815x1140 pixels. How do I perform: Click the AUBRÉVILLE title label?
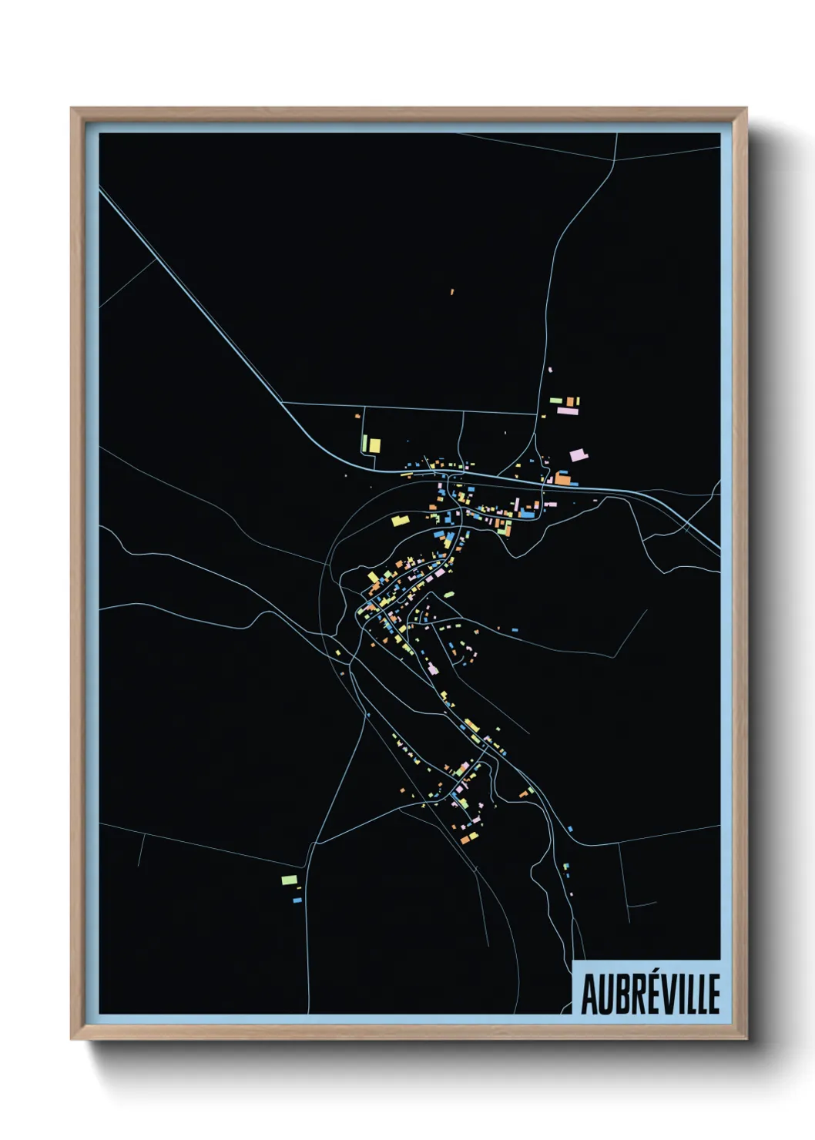point(649,994)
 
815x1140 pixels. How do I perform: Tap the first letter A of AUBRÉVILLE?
point(589,994)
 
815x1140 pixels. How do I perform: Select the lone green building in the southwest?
point(289,879)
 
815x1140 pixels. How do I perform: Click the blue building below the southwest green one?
point(297,899)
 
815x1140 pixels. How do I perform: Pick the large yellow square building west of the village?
point(374,444)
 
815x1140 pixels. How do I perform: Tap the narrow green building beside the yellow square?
point(365,443)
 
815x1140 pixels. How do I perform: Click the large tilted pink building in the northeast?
point(579,454)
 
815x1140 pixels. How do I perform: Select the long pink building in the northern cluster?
point(567,411)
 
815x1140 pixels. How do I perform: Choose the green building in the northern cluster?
point(555,400)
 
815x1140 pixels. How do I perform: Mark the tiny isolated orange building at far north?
point(452,292)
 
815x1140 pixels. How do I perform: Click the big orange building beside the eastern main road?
point(564,479)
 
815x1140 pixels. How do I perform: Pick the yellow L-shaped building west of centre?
point(399,521)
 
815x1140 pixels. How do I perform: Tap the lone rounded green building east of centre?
point(448,594)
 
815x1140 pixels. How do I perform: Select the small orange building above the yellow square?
point(357,417)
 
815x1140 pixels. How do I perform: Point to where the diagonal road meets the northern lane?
point(283,402)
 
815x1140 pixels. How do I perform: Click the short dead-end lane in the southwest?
point(140,851)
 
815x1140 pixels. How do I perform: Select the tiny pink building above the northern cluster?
point(550,370)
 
